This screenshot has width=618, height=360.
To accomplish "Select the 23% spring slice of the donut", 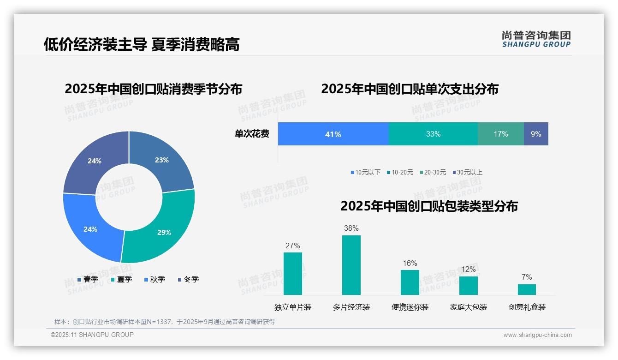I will click(x=164, y=162).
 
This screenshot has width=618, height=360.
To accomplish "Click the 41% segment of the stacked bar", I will click(x=333, y=134).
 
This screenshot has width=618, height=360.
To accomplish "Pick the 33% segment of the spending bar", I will click(x=433, y=134).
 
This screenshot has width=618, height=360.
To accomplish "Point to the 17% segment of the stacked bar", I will click(x=500, y=134).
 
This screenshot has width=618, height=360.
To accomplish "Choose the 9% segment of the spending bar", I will click(x=536, y=134).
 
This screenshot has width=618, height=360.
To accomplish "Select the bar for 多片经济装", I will click(x=351, y=265).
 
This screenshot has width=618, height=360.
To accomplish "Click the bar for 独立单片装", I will click(x=293, y=273).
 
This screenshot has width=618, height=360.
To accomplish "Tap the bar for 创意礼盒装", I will click(x=527, y=289).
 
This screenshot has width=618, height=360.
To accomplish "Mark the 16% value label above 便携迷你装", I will click(x=410, y=264).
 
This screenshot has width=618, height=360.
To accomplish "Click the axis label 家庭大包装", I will click(x=469, y=307).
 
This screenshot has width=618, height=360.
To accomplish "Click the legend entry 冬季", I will click(x=188, y=280).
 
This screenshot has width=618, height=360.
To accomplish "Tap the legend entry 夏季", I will click(x=122, y=280).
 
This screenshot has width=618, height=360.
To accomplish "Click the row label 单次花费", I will click(x=252, y=134).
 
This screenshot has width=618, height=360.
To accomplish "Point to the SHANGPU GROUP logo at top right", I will click(x=536, y=39).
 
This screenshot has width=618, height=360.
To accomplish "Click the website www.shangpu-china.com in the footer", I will click(x=537, y=335).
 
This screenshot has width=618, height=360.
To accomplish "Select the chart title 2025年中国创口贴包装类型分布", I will click(x=429, y=206).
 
